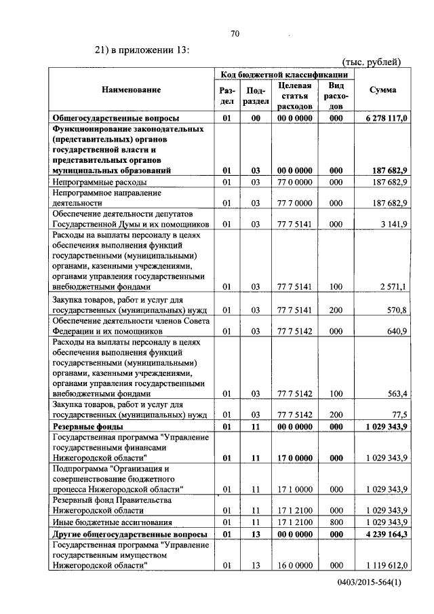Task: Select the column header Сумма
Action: [x=382, y=90]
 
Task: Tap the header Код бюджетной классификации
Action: [x=284, y=74]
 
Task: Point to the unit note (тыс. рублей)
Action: [x=372, y=62]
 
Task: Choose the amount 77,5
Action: [x=398, y=415]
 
